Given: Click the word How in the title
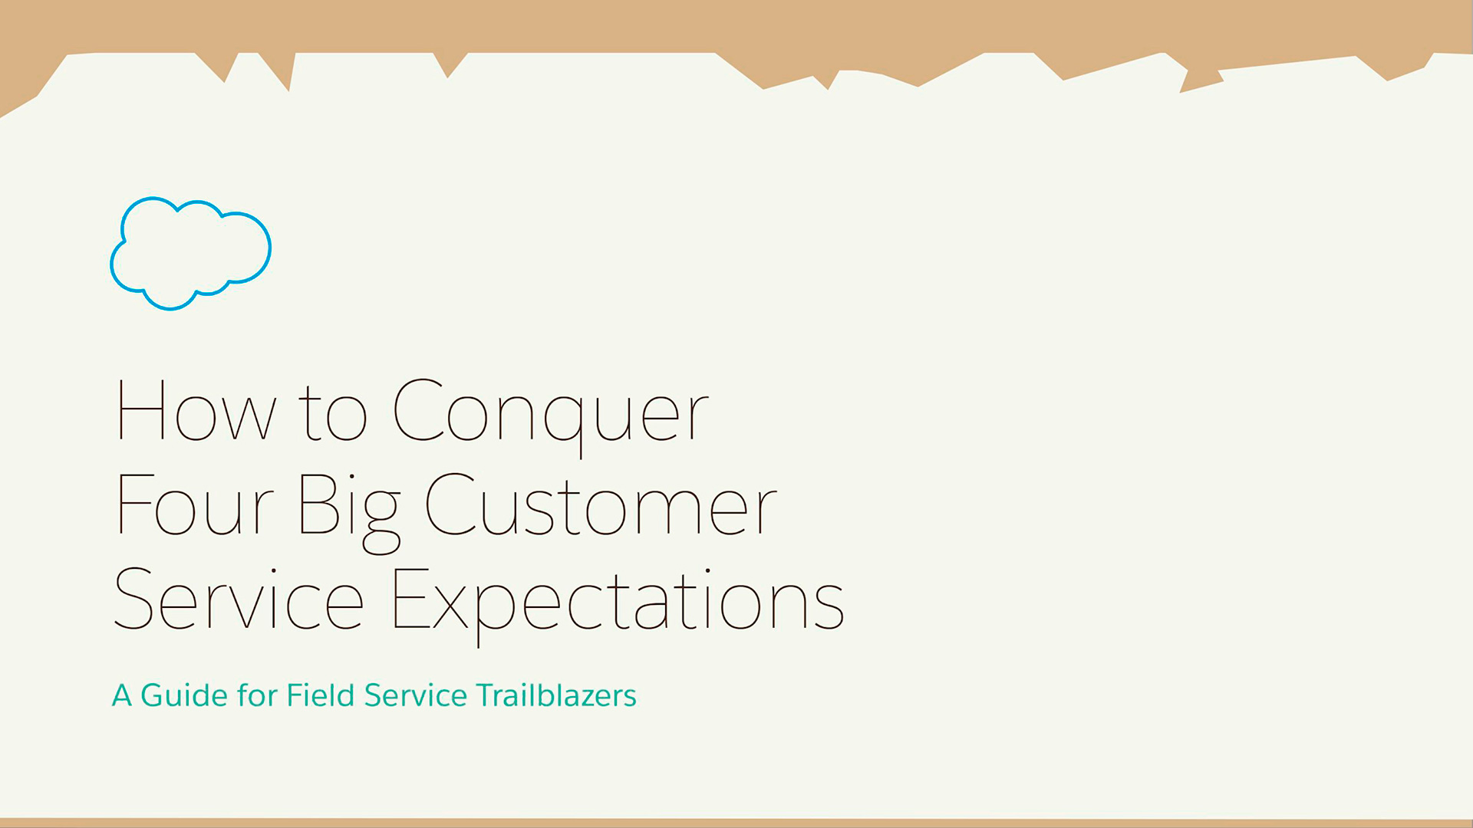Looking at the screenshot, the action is [196, 411].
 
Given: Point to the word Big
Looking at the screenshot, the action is [350, 512].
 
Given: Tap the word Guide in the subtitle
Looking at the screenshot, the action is [184, 695].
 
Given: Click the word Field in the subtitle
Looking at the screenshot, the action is [320, 695].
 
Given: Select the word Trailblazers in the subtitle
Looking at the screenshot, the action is [556, 695].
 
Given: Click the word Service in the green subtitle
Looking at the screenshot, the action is [415, 695].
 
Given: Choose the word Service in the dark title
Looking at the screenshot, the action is [239, 599].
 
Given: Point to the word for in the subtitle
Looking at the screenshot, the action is [257, 695].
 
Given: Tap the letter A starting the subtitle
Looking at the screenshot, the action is [122, 695].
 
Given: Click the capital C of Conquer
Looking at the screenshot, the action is [418, 410].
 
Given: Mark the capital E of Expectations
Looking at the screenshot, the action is [411, 599].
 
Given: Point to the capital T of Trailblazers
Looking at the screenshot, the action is [486, 695].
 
